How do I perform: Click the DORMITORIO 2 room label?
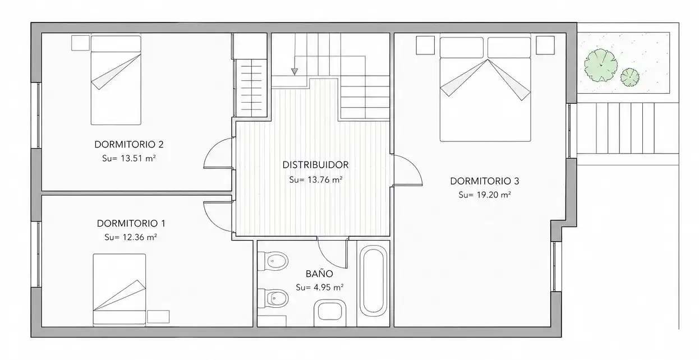click(x=129, y=145)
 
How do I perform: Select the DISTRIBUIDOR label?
click(x=315, y=165)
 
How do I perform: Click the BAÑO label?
click(x=319, y=274)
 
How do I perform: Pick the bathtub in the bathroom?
click(x=373, y=281)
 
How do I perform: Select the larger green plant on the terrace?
click(x=601, y=65)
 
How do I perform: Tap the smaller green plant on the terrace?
click(x=630, y=77)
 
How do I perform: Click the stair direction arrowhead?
click(x=295, y=72)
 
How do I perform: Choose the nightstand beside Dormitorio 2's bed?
click(x=81, y=43)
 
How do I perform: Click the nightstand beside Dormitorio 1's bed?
click(x=158, y=317)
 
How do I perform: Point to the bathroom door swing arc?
click(x=328, y=259)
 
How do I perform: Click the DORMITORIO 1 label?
click(x=131, y=223)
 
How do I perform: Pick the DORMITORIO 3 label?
click(x=485, y=181)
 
